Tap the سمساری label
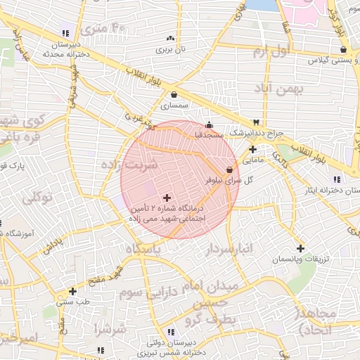click(x=175, y=105)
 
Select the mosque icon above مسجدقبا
click(x=209, y=124)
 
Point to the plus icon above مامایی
click(x=252, y=149)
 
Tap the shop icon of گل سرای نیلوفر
click(x=229, y=170)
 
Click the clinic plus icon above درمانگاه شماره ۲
click(x=166, y=198)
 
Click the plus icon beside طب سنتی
click(x=72, y=290)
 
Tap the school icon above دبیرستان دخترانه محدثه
click(x=65, y=33)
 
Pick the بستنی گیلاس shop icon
click(x=342, y=49)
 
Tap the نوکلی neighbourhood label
click(x=37, y=198)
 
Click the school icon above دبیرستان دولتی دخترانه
click(x=169, y=332)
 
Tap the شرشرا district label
click(x=110, y=328)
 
